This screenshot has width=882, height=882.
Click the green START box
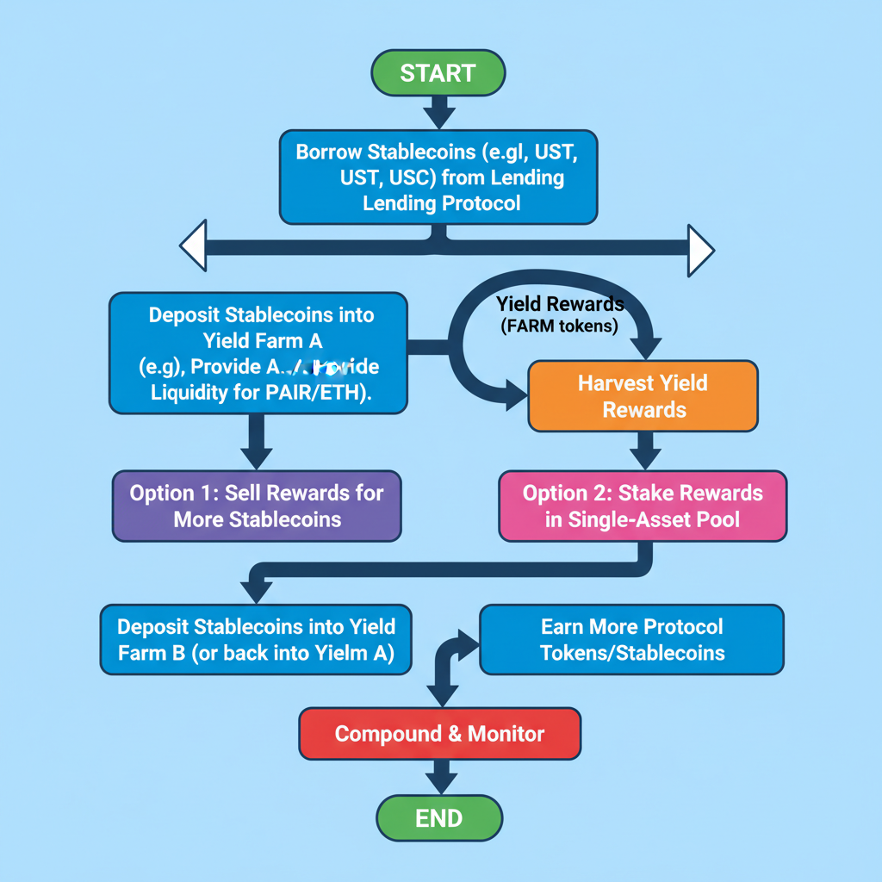pyautogui.click(x=438, y=73)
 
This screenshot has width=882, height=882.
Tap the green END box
pyautogui.click(x=439, y=817)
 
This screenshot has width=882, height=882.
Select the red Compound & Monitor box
pyautogui.click(x=439, y=734)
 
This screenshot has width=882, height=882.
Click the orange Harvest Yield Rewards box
pyautogui.click(x=643, y=395)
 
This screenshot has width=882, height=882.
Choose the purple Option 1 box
pyautogui.click(x=257, y=506)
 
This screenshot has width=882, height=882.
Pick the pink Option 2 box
pyautogui.click(x=643, y=506)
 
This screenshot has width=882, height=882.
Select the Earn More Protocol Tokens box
pyautogui.click(x=631, y=639)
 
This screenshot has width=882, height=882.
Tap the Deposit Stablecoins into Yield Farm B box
pyautogui.click(x=256, y=639)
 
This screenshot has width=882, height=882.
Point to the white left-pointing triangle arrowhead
pyautogui.click(x=193, y=246)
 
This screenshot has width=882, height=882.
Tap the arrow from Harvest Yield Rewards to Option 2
pyautogui.click(x=644, y=450)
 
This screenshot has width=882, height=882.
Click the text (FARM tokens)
pyautogui.click(x=559, y=326)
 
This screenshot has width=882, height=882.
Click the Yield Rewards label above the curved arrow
pyautogui.click(x=560, y=304)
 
